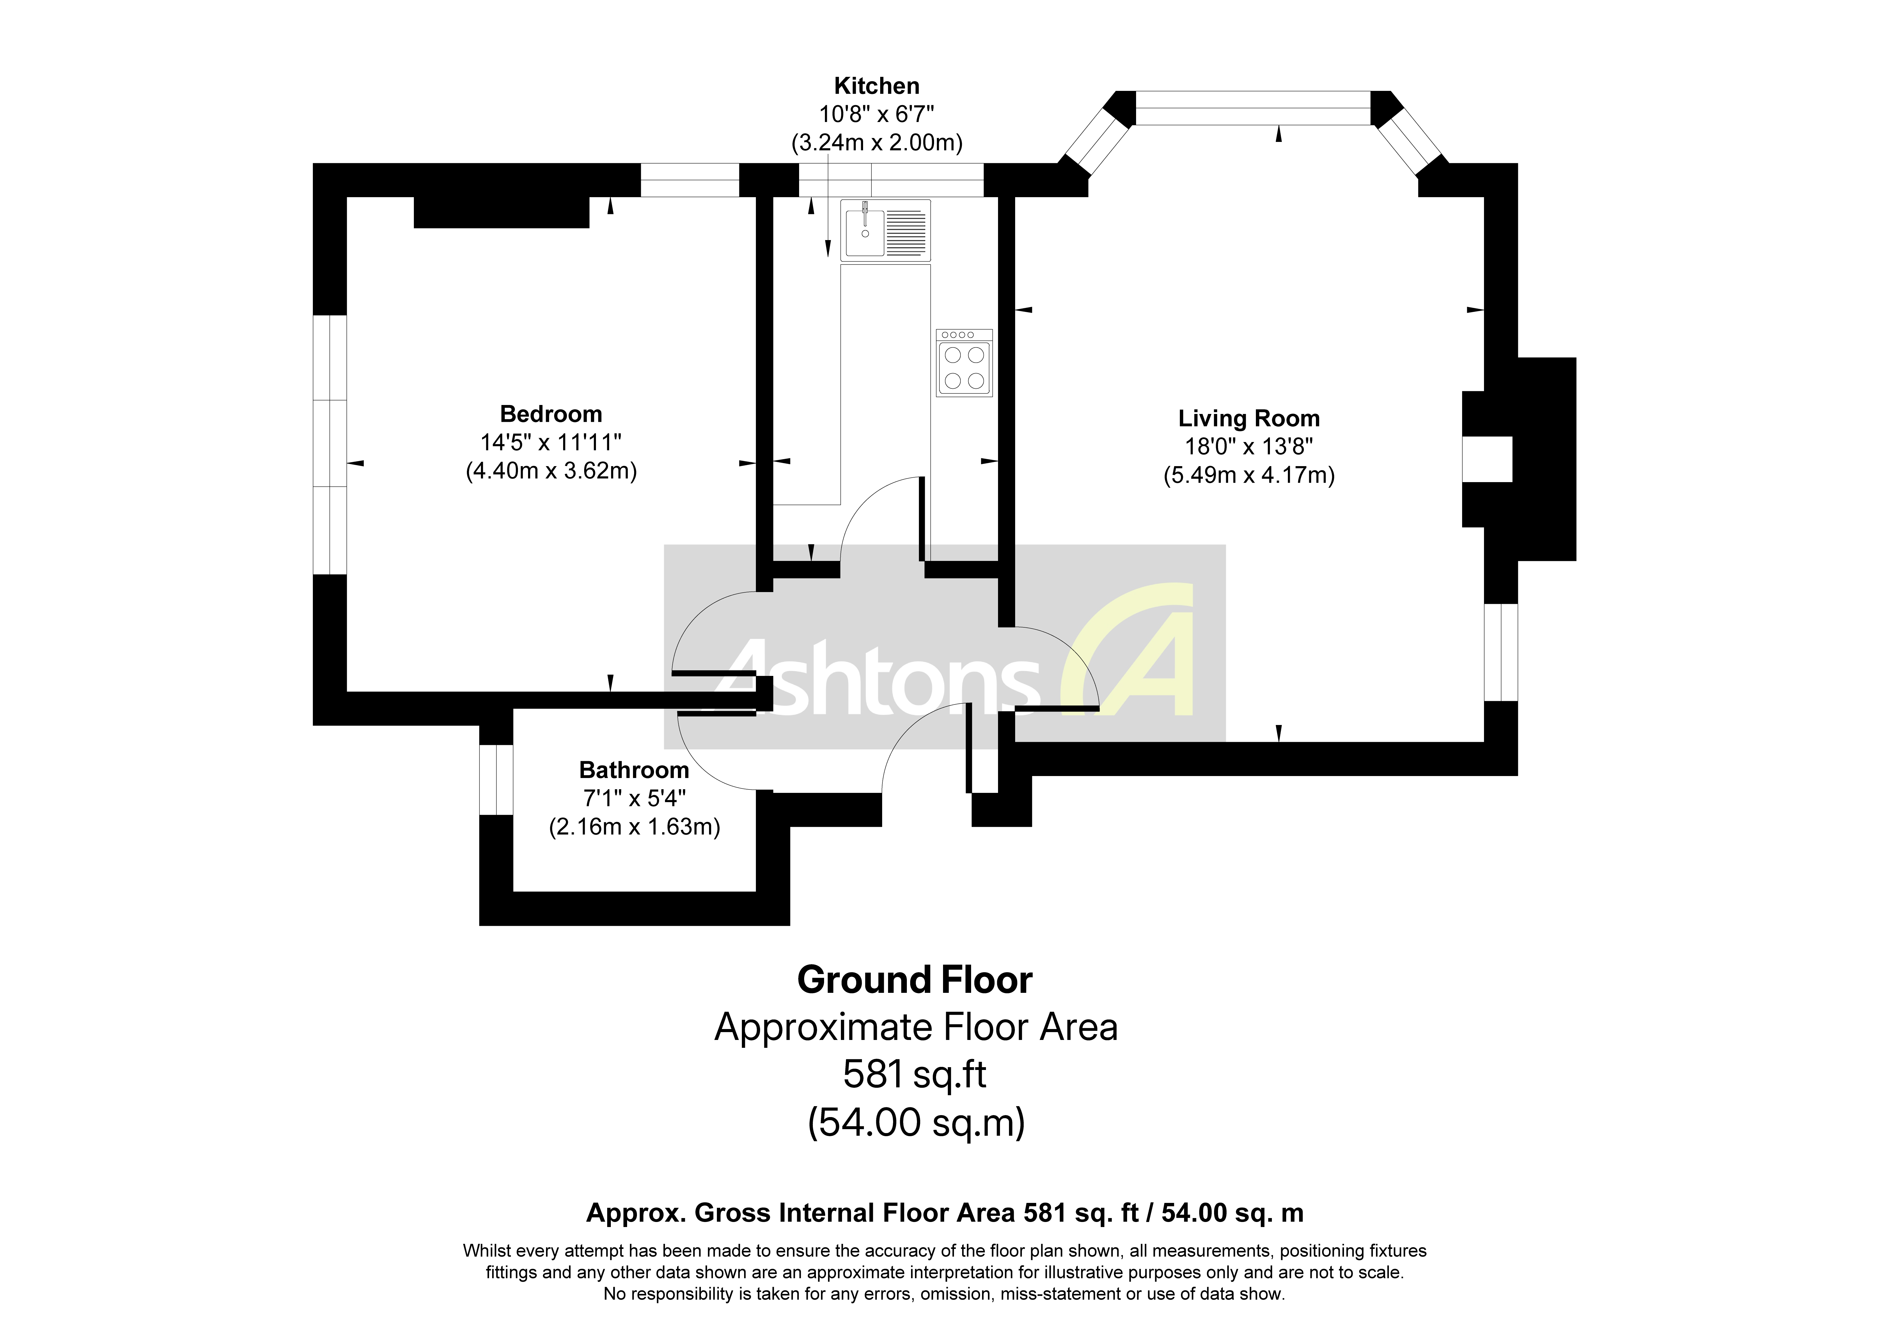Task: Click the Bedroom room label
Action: pos(551,414)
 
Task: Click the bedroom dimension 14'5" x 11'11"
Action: pos(551,443)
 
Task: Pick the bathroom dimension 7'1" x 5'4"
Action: pos(634,798)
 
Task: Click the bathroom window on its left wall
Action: pos(496,779)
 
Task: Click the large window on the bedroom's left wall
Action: pos(330,445)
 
